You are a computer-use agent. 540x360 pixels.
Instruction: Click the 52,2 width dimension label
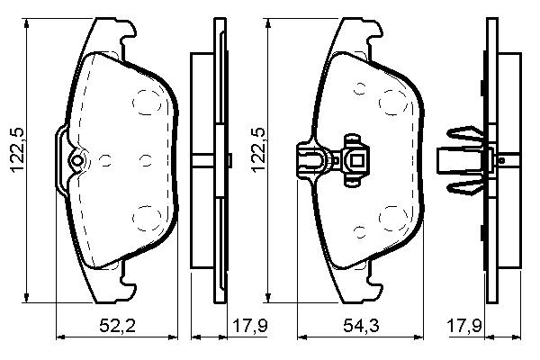pos(117,326)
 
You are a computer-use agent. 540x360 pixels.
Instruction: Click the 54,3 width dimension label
pos(361,326)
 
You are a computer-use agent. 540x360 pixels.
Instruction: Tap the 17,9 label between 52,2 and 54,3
pos(250,326)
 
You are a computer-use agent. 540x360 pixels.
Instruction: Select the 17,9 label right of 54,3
pos(463,326)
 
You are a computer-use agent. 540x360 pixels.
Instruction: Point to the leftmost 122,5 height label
pos(18,150)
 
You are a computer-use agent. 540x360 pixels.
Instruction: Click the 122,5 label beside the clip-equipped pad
pos(258,150)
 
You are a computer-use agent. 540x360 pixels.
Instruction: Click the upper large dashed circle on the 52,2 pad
pos(147,102)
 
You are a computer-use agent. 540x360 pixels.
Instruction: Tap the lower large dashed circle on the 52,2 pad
pos(147,218)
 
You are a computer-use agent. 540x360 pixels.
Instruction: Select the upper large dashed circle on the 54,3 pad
pos(393,102)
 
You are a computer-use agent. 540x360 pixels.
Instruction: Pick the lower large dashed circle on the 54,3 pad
pos(393,219)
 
